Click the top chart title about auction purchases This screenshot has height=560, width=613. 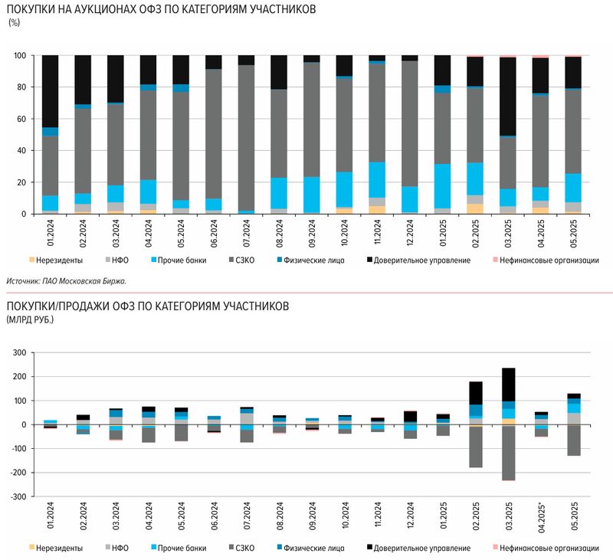[x=161, y=10]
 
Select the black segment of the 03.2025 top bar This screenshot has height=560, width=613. [x=508, y=96]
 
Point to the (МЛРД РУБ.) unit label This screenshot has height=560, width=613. [x=31, y=318]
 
